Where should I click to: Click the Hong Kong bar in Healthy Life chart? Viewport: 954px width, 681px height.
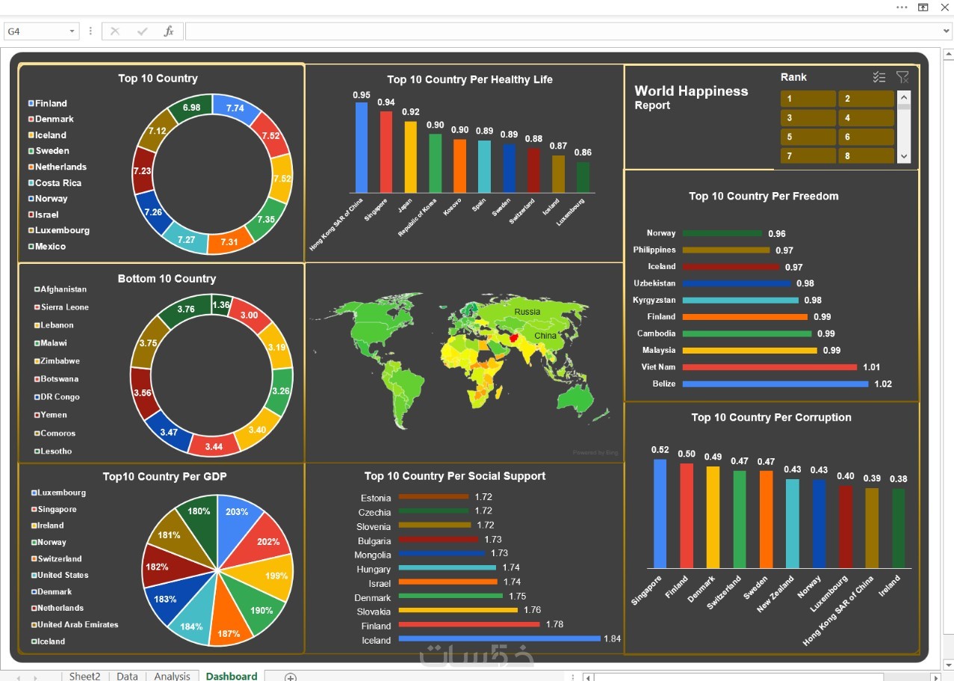(362, 147)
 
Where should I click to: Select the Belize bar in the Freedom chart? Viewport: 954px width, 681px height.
(775, 384)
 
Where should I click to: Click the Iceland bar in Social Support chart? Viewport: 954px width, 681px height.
(499, 638)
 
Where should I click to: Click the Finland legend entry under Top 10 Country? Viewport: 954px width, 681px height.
(50, 103)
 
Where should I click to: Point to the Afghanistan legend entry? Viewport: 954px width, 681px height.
(63, 289)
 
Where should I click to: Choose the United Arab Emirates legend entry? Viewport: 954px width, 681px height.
(78, 625)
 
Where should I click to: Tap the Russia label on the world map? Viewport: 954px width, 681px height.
(527, 312)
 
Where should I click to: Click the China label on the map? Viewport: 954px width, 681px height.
(545, 336)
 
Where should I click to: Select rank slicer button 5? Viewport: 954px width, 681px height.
(808, 137)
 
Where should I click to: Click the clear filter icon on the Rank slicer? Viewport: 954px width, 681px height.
(902, 77)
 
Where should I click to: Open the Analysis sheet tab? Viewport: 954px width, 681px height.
(172, 676)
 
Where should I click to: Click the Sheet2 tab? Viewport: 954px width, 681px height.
(84, 676)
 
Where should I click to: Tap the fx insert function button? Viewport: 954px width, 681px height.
(169, 31)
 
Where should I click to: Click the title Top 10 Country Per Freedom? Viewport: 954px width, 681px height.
(763, 196)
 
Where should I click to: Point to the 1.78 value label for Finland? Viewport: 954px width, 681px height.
(554, 624)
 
